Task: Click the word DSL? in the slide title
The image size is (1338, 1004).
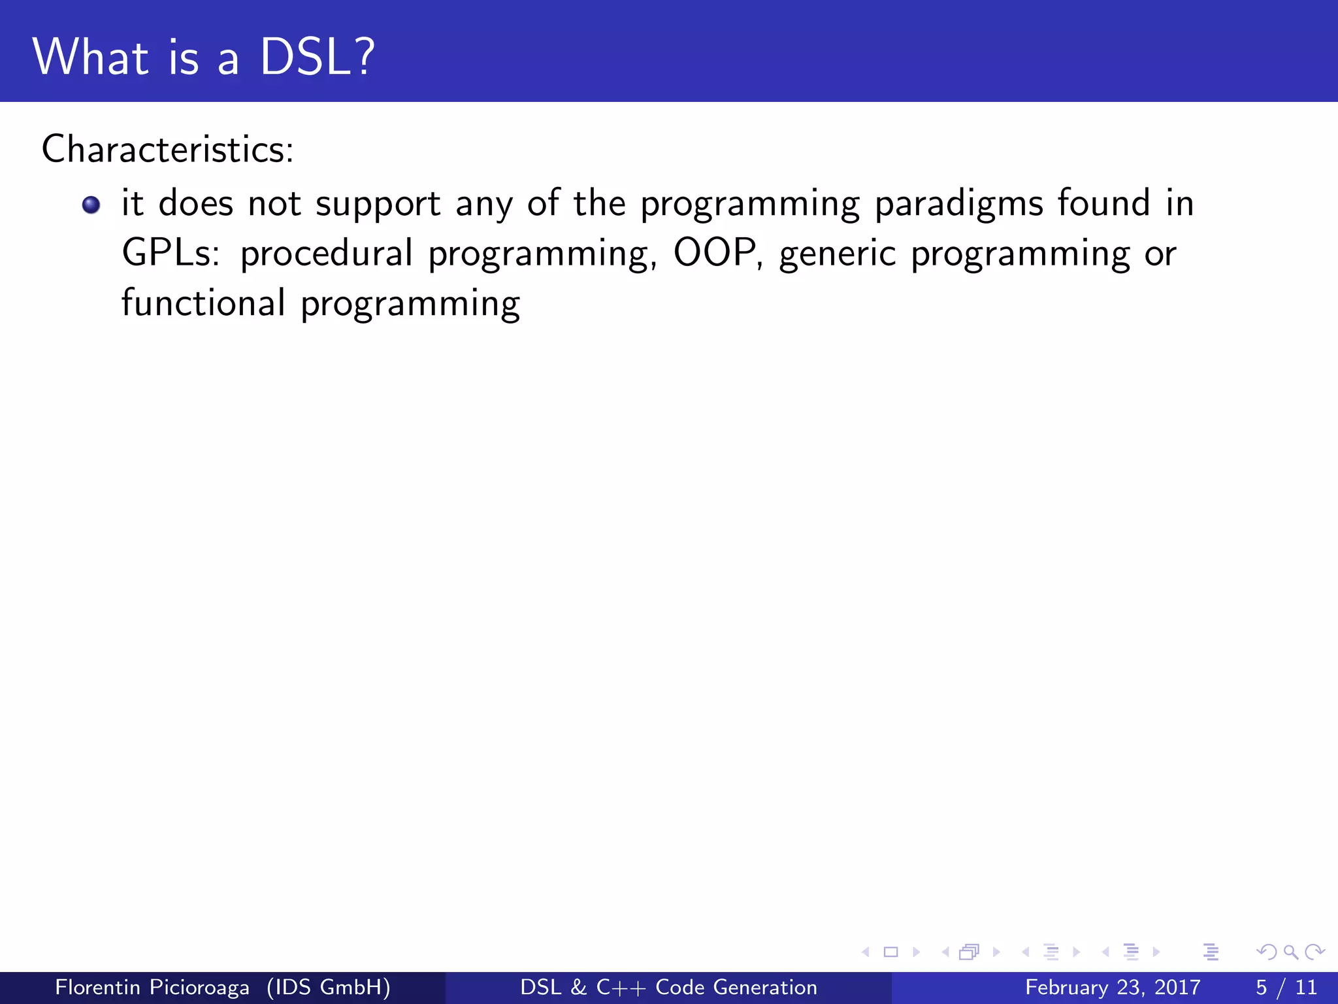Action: (x=318, y=58)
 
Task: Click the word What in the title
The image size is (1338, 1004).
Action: (x=91, y=58)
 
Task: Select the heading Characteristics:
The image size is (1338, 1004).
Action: (x=168, y=149)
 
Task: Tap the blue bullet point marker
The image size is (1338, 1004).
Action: (x=91, y=205)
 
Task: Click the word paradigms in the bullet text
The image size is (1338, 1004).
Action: (x=958, y=204)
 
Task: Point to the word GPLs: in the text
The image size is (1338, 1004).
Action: (x=171, y=254)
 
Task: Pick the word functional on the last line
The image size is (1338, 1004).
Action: (x=203, y=303)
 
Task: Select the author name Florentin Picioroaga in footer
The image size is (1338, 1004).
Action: (x=152, y=987)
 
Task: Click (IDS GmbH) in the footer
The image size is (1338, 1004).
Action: (x=328, y=987)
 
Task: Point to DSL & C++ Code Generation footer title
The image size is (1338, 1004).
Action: (x=668, y=987)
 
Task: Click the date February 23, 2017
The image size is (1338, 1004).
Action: (x=1112, y=987)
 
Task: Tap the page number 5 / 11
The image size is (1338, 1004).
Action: (x=1286, y=987)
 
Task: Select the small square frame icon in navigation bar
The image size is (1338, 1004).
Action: (x=890, y=952)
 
